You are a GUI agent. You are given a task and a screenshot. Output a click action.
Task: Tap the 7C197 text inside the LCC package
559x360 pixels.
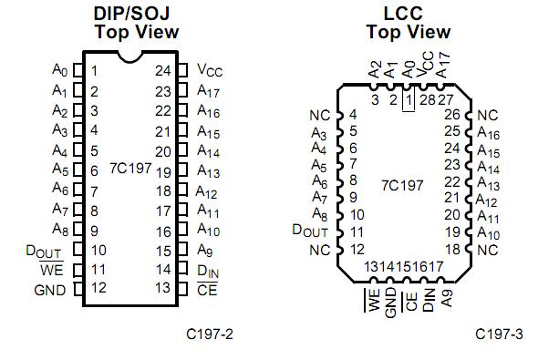tap(402, 185)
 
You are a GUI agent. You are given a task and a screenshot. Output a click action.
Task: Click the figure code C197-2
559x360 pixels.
tap(211, 334)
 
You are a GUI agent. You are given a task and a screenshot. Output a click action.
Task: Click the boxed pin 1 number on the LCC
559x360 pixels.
tap(409, 98)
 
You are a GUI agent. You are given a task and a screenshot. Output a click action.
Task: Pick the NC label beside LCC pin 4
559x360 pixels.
tap(320, 116)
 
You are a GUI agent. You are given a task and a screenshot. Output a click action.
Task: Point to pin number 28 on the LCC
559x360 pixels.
tap(426, 98)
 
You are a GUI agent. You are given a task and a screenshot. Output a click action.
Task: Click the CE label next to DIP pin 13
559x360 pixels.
tap(207, 289)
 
